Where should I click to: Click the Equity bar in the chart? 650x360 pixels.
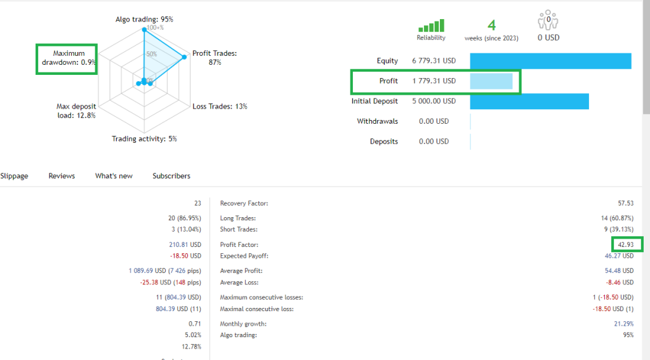click(550, 61)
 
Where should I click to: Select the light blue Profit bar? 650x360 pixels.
click(491, 81)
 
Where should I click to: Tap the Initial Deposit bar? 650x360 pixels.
click(529, 102)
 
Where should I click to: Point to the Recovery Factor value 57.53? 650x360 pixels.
click(625, 203)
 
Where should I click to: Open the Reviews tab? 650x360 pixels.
click(62, 176)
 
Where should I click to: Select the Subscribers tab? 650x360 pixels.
click(171, 176)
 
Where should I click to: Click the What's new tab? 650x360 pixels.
click(114, 176)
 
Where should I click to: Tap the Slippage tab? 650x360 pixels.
click(14, 176)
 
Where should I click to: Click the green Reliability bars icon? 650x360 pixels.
click(431, 26)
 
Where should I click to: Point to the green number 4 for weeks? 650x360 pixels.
click(491, 25)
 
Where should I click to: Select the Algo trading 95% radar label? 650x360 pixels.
click(144, 19)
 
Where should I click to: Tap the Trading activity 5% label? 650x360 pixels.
click(144, 138)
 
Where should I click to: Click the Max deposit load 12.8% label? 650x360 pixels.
click(76, 111)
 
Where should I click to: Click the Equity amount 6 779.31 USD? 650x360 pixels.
click(434, 61)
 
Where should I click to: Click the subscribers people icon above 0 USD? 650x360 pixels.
click(548, 21)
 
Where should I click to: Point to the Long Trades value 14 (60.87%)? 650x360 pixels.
click(612, 218)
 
